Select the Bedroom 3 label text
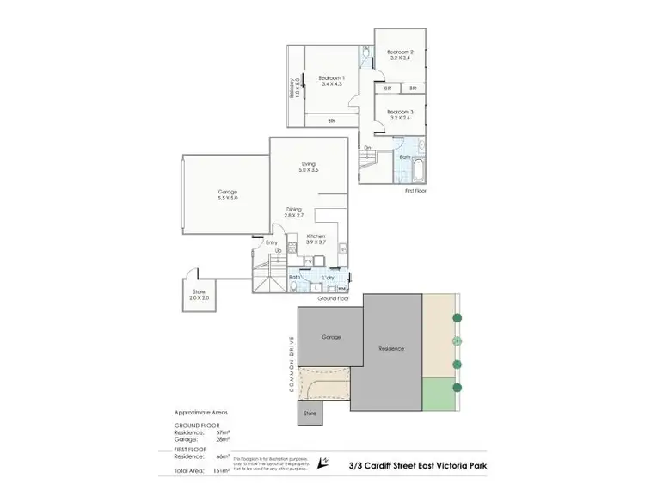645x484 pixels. (x=400, y=116)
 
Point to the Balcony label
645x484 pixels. (x=292, y=89)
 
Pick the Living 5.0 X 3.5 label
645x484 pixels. (x=308, y=167)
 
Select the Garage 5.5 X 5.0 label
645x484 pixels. (x=227, y=194)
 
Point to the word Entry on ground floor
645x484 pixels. (x=272, y=242)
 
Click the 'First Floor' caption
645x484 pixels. (x=415, y=191)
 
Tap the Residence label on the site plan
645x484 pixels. (x=391, y=348)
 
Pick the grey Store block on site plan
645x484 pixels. (x=310, y=414)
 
